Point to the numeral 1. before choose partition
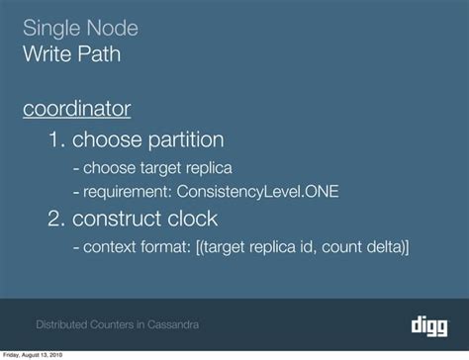pyautogui.click(x=55, y=139)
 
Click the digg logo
pyautogui.click(x=429, y=322)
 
